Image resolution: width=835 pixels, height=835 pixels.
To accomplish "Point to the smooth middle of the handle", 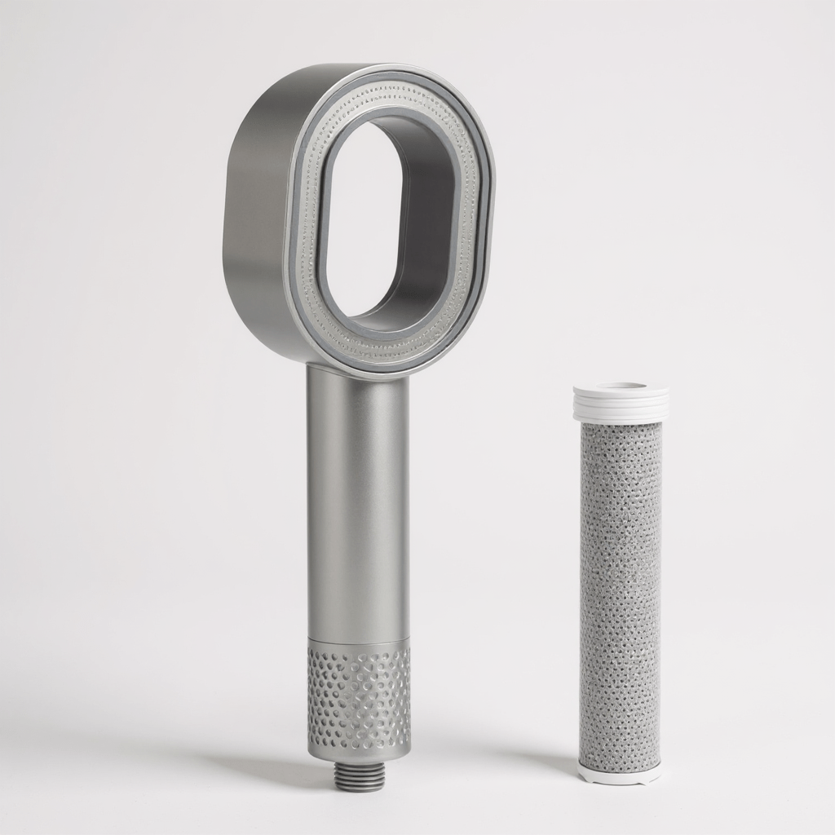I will click(x=358, y=506).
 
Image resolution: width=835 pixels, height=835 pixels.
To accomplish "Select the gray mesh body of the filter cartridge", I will click(x=620, y=587).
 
